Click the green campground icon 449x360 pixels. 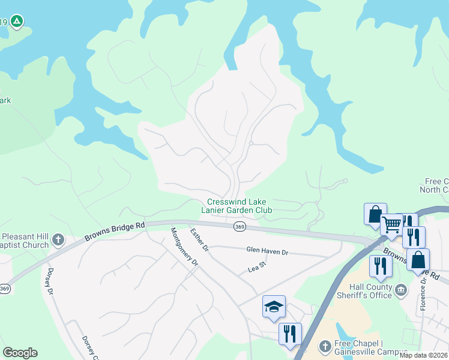point(17,22)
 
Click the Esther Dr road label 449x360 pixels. point(199,239)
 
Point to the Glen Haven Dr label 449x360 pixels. point(267,252)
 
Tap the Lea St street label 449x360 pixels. point(257,269)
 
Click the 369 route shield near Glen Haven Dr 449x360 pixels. point(240,226)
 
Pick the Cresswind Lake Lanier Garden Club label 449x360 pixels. point(239,206)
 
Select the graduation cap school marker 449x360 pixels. point(273,307)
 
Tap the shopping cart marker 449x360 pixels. point(391,225)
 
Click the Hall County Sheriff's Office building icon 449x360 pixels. point(401,290)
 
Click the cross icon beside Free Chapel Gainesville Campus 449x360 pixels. point(325,346)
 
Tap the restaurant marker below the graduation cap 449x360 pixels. point(290,333)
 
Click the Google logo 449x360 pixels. point(20,353)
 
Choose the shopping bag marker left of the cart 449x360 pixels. point(374,214)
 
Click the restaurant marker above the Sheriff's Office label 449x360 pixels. point(380,266)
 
